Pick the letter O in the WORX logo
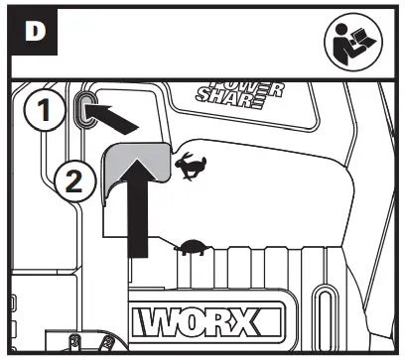[207, 322]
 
